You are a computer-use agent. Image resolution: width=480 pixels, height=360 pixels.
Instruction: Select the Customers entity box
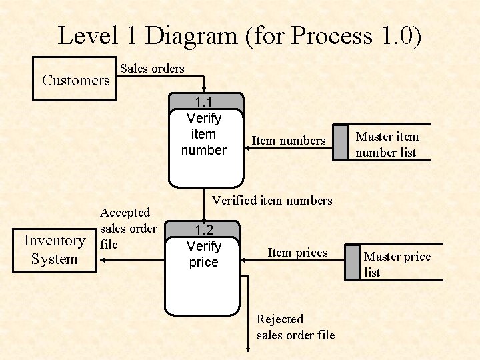click(x=75, y=80)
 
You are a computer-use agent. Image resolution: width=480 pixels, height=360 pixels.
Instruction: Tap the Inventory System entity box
click(x=55, y=250)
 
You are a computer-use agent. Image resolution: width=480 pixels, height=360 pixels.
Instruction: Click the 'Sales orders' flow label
click(x=152, y=68)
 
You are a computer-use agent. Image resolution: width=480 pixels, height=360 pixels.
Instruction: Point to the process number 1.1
click(x=204, y=102)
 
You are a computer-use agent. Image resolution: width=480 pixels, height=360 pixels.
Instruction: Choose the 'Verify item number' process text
click(x=204, y=134)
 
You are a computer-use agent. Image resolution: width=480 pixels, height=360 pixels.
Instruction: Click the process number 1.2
click(x=204, y=230)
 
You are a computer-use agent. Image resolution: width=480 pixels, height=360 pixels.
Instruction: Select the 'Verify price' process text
click(x=204, y=254)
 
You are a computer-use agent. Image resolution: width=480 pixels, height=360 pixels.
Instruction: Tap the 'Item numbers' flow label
click(x=289, y=141)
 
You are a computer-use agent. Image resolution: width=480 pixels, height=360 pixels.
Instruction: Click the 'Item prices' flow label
click(x=297, y=253)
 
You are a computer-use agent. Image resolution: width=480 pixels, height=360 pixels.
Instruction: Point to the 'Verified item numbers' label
click(x=272, y=200)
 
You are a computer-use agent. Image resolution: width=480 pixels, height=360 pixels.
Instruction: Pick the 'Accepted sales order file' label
click(x=128, y=229)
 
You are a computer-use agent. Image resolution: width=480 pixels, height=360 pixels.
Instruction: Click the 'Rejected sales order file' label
click(x=295, y=327)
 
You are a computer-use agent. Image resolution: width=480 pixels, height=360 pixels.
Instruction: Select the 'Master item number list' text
click(x=387, y=145)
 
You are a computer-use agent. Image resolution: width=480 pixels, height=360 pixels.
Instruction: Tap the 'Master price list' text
click(x=397, y=264)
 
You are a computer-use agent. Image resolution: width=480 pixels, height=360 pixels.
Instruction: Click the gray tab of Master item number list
click(x=340, y=143)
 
